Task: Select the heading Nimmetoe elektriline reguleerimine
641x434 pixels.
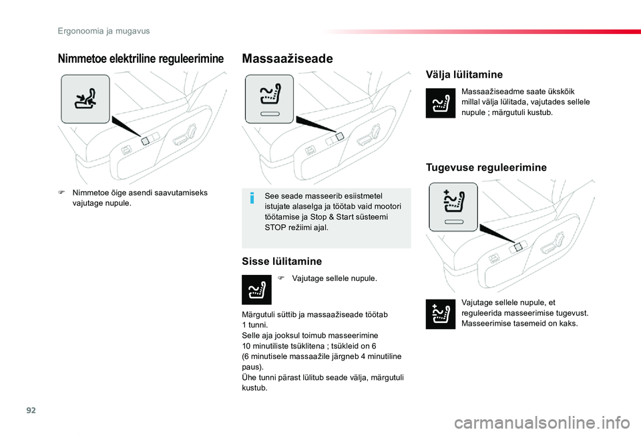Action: [x=141, y=60]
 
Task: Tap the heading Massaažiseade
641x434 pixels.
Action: [x=287, y=60]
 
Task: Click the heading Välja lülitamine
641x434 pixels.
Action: [x=463, y=75]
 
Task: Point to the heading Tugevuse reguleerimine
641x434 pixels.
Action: [x=485, y=167]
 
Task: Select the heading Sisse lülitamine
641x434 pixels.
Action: [x=281, y=261]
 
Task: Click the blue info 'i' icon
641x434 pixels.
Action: [x=252, y=198]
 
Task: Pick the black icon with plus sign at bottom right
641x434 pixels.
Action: [x=440, y=314]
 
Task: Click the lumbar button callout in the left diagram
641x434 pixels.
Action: [x=85, y=99]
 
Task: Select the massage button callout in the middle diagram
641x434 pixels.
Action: [x=268, y=99]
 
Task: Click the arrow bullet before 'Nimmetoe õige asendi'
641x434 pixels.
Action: [x=61, y=193]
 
